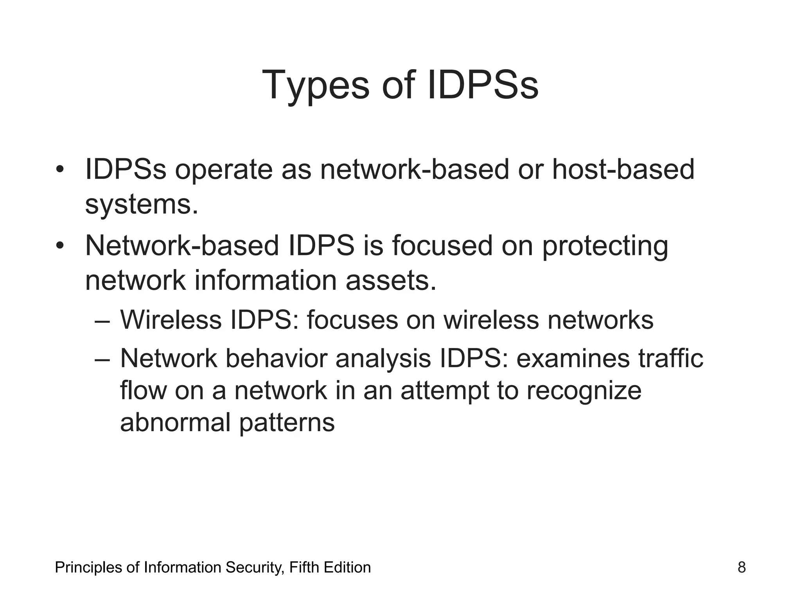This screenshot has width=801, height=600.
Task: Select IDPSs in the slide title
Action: click(483, 85)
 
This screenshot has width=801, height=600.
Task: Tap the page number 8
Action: click(742, 567)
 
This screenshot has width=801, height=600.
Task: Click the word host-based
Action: click(623, 170)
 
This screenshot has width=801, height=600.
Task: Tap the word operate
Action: click(224, 170)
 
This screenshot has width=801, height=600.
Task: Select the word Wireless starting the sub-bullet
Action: click(171, 320)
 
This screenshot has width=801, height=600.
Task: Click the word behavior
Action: click(276, 358)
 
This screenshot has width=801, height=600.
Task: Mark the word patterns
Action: click(287, 423)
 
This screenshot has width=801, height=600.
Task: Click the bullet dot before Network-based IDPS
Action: click(59, 246)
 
